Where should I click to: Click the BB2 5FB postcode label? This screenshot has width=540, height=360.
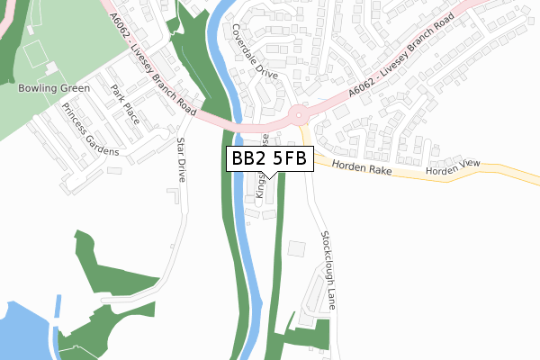click(270, 158)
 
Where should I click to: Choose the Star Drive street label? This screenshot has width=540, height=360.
click(181, 159)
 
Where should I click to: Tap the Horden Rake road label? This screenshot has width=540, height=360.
click(357, 166)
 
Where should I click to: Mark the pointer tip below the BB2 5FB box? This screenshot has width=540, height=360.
click(270, 177)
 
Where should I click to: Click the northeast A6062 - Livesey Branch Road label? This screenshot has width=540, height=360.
click(395, 71)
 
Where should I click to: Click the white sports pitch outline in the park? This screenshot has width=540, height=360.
click(39, 55)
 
